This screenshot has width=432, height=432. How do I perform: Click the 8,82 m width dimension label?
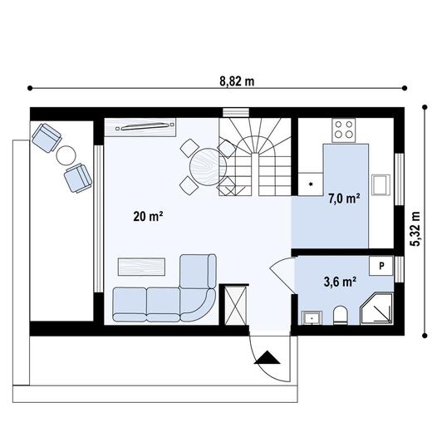pos(237,81)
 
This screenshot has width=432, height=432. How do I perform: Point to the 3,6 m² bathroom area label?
pos(340,281)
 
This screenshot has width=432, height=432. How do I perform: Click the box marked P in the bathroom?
pos(381,266)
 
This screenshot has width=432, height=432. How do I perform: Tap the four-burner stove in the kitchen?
pos(343,130)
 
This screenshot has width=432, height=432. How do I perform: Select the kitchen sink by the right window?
pos(381,184)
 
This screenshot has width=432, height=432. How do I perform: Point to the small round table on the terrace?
pos(66,155)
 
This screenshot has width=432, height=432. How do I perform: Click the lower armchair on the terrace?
pos(77,177)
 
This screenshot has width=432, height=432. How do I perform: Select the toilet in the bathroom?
pos(339,315)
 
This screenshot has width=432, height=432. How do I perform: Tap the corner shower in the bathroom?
pos(376,308)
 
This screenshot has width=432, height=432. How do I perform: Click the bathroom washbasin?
pos(312,317)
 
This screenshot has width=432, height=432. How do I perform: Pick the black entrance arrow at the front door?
pos(268,358)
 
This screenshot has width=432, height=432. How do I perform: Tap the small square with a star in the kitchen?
pos(311,182)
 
